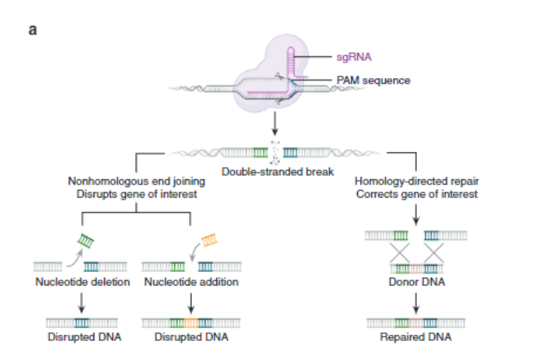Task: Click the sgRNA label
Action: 354,57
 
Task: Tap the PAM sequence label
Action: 373,80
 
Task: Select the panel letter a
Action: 33,30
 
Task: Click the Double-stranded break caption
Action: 278,172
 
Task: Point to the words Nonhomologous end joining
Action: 136,181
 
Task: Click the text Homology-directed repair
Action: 417,181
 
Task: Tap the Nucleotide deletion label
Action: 82,282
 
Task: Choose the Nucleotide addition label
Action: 191,282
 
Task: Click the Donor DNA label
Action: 417,282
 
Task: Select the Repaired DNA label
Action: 415,337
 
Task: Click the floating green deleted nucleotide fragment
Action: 86,240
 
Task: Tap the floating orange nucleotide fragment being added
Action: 210,240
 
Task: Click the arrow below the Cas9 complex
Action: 275,124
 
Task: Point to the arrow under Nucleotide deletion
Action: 82,302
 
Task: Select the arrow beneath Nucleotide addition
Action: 191,303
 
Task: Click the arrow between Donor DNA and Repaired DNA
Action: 416,303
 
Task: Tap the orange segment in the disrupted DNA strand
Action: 191,323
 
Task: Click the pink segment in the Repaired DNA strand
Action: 415,323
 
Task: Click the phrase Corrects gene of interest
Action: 417,194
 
